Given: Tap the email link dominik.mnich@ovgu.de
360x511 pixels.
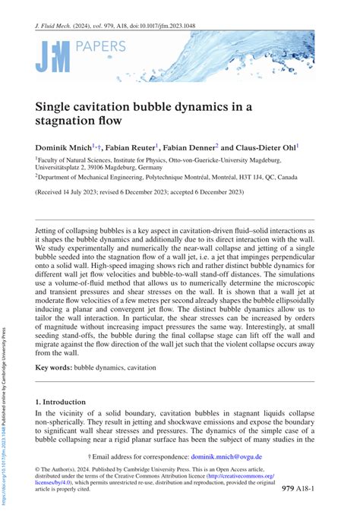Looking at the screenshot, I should point(226,456).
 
